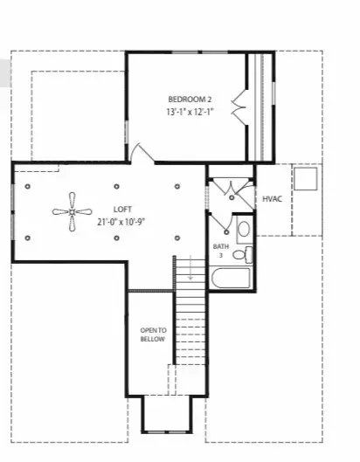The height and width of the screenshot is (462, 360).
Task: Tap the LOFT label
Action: (121, 209)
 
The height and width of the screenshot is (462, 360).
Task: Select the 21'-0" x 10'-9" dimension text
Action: (121, 222)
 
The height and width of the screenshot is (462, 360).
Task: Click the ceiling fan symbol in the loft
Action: (70, 210)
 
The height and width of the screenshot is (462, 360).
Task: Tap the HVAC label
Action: (272, 199)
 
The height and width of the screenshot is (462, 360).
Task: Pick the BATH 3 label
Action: (221, 251)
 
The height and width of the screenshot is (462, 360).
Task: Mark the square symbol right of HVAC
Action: (305, 180)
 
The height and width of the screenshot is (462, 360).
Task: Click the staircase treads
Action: (191, 332)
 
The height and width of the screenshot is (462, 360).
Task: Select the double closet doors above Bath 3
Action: (231, 188)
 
